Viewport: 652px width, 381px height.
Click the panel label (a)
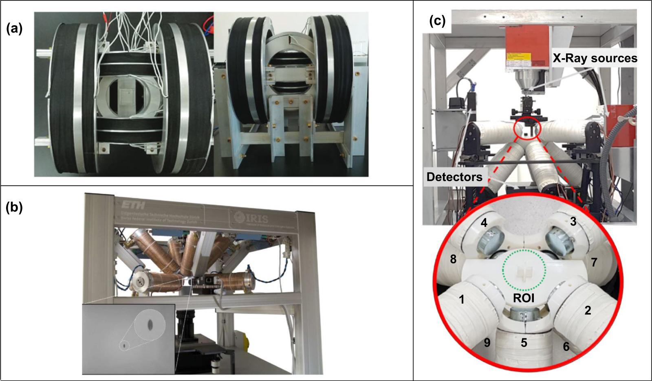(x=14, y=28)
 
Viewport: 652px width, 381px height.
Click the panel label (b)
(x=14, y=207)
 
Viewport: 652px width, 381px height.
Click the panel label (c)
(x=437, y=21)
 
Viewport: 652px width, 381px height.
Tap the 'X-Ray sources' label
(x=595, y=58)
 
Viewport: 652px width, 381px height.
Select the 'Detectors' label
(x=454, y=177)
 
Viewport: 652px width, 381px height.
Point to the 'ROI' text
(x=523, y=298)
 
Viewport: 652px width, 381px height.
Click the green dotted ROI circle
(x=524, y=249)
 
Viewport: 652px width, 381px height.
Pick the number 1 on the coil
(x=461, y=300)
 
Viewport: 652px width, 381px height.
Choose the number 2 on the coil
(x=587, y=311)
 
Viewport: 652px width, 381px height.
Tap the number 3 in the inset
(x=573, y=222)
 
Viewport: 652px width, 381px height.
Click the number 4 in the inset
(x=484, y=223)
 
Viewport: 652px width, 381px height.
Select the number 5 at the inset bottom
(x=524, y=343)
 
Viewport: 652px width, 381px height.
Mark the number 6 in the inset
(x=566, y=347)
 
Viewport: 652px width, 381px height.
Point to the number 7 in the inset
(x=594, y=263)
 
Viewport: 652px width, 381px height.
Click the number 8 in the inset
(x=453, y=259)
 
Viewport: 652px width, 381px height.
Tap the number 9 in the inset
(x=487, y=343)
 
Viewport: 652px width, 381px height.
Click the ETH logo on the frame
(x=133, y=205)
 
